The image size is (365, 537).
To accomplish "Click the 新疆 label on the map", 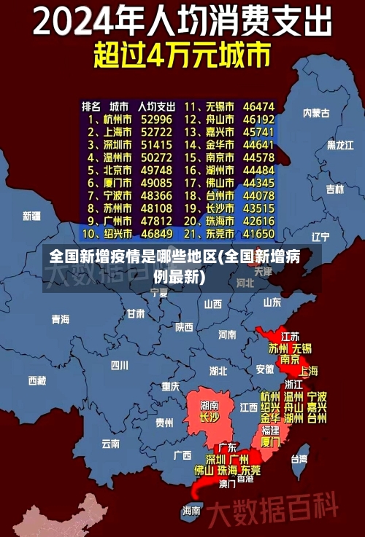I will [x=32, y=216].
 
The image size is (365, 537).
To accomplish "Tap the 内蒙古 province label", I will [x=316, y=113].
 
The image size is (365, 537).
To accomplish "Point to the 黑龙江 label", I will [x=340, y=145].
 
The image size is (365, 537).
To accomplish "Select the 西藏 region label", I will [x=37, y=380].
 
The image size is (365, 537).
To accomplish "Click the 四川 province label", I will [x=120, y=365].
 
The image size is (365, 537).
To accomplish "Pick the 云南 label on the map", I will [x=111, y=442].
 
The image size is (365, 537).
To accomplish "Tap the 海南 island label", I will [x=192, y=510].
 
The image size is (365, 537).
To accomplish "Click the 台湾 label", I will [x=299, y=459].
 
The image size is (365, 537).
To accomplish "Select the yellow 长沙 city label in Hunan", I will [x=210, y=418].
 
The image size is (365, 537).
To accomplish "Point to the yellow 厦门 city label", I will [x=270, y=442].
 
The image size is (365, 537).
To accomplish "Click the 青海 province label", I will [x=61, y=319].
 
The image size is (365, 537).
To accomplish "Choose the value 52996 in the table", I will [x=157, y=119].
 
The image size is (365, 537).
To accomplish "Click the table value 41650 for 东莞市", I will [x=258, y=234].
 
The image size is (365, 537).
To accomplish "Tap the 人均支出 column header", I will [x=156, y=106].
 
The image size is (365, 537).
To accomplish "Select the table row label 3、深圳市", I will [x=109, y=145].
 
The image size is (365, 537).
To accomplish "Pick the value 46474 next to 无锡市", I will [x=259, y=106].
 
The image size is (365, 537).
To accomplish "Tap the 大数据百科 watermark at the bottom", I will [x=274, y=506].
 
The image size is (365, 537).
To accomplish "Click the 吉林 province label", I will [x=335, y=189].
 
